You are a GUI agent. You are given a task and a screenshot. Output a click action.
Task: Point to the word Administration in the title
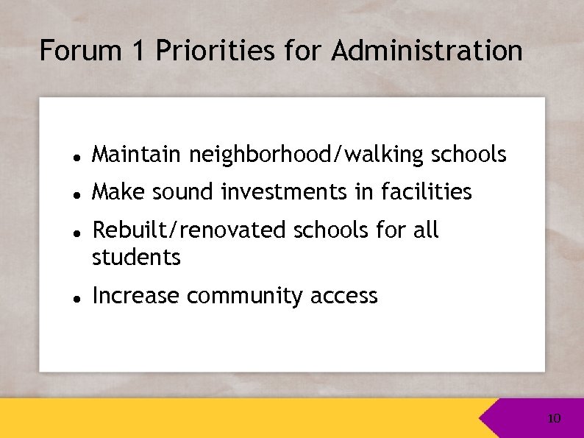tap(427, 52)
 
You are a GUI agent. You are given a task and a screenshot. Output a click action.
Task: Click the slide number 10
tap(554, 419)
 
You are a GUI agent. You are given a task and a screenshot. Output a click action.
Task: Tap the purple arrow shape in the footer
tap(515, 419)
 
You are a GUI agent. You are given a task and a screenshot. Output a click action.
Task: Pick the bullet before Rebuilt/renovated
tap(76, 232)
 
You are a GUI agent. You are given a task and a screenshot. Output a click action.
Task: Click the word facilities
tap(427, 191)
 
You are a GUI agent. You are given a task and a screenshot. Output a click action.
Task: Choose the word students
tap(136, 258)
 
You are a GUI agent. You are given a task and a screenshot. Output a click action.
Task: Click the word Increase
tap(135, 296)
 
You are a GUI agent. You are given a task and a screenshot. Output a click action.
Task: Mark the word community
tap(245, 297)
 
